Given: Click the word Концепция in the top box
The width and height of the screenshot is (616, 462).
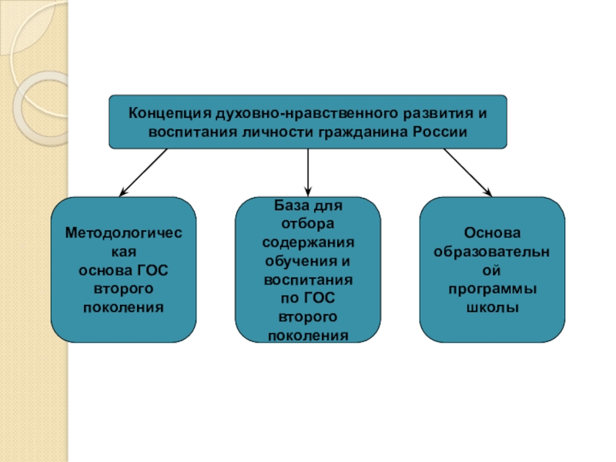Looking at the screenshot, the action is (x=159, y=113).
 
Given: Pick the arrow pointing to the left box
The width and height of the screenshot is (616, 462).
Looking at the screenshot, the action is (x=143, y=172).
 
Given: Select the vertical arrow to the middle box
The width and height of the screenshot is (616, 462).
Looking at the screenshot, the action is (x=308, y=170).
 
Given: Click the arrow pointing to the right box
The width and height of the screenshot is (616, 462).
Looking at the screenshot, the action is (x=467, y=172).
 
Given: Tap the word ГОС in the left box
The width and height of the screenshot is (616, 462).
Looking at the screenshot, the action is (x=153, y=269).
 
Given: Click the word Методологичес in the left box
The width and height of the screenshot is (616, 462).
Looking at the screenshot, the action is (x=123, y=233).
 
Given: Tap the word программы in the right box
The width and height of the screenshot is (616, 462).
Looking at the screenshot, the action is (x=493, y=288).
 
